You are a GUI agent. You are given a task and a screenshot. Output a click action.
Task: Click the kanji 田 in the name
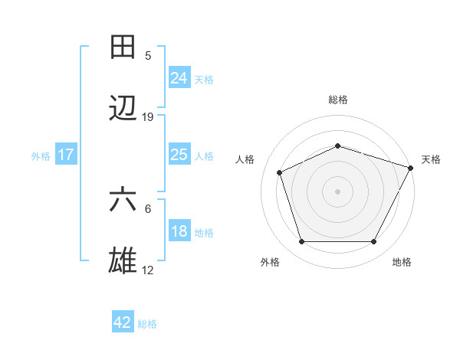(123, 48)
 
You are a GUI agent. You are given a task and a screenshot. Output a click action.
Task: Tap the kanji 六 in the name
(123, 201)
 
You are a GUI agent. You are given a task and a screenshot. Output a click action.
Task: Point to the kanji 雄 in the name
(123, 261)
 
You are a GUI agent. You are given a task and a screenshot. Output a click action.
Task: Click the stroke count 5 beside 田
(148, 56)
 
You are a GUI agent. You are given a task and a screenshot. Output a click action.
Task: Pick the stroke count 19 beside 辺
(148, 117)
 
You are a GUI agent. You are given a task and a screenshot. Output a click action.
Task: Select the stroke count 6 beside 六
(148, 208)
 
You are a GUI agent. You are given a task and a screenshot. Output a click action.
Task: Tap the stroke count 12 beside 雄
(148, 270)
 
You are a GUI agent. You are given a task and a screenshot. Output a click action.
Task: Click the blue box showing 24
(179, 78)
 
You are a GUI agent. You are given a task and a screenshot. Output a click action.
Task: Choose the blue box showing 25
(179, 155)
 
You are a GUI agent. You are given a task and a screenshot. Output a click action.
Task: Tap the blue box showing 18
(179, 231)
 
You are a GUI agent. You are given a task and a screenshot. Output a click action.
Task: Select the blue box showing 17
(66, 155)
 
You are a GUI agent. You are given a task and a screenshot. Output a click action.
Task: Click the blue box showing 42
(123, 322)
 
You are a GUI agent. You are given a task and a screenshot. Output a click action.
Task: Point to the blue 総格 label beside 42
(147, 324)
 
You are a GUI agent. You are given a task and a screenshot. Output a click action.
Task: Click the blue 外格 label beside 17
(41, 156)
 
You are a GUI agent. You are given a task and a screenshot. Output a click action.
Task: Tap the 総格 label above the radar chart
(337, 100)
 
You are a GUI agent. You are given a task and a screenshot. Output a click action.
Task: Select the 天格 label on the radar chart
(431, 159)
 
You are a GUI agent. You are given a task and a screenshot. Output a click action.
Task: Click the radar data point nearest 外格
(301, 242)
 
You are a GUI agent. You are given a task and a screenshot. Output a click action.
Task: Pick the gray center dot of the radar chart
(337, 191)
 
